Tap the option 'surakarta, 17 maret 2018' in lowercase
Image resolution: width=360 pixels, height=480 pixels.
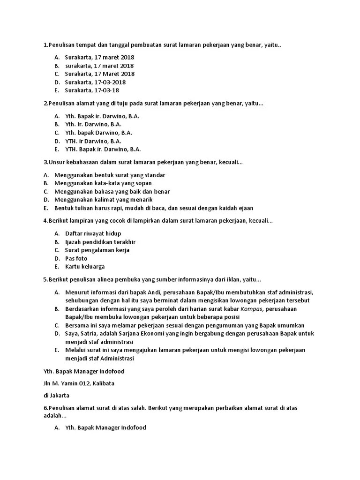click(99, 66)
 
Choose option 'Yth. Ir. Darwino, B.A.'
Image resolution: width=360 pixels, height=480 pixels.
click(93, 124)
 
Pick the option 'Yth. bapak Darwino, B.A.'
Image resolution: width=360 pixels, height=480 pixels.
click(98, 133)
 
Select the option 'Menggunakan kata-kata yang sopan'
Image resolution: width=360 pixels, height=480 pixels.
click(103, 183)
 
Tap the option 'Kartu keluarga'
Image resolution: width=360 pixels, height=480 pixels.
click(85, 267)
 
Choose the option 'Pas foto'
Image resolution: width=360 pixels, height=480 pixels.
click(76, 258)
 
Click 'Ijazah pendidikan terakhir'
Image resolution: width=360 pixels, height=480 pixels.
click(100, 242)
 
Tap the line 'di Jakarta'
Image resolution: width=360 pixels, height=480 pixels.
click(56, 395)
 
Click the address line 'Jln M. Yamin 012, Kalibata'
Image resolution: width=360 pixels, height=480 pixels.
click(78, 383)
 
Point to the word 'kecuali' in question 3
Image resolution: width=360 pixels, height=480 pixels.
click(230, 162)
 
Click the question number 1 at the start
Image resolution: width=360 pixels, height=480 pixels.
click(45, 45)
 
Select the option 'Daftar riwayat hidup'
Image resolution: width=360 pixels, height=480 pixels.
click(93, 233)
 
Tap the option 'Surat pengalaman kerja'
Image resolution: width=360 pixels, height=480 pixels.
click(97, 250)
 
